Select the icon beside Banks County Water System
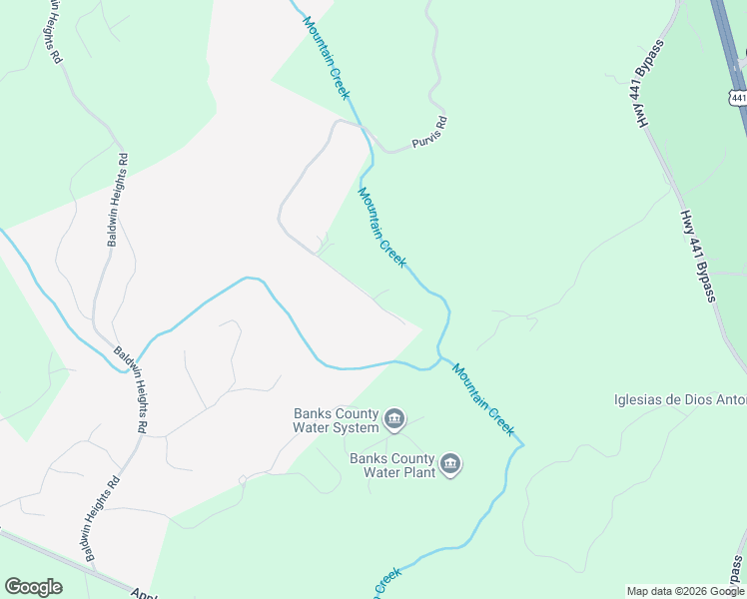point(394,418)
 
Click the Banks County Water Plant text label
point(391,465)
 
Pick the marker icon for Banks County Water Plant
point(450,464)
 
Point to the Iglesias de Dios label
point(679,400)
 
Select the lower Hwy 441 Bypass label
point(698,256)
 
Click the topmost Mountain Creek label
point(327,57)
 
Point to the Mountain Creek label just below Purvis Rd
point(381,228)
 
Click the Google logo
point(33,587)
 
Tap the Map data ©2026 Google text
point(685,591)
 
